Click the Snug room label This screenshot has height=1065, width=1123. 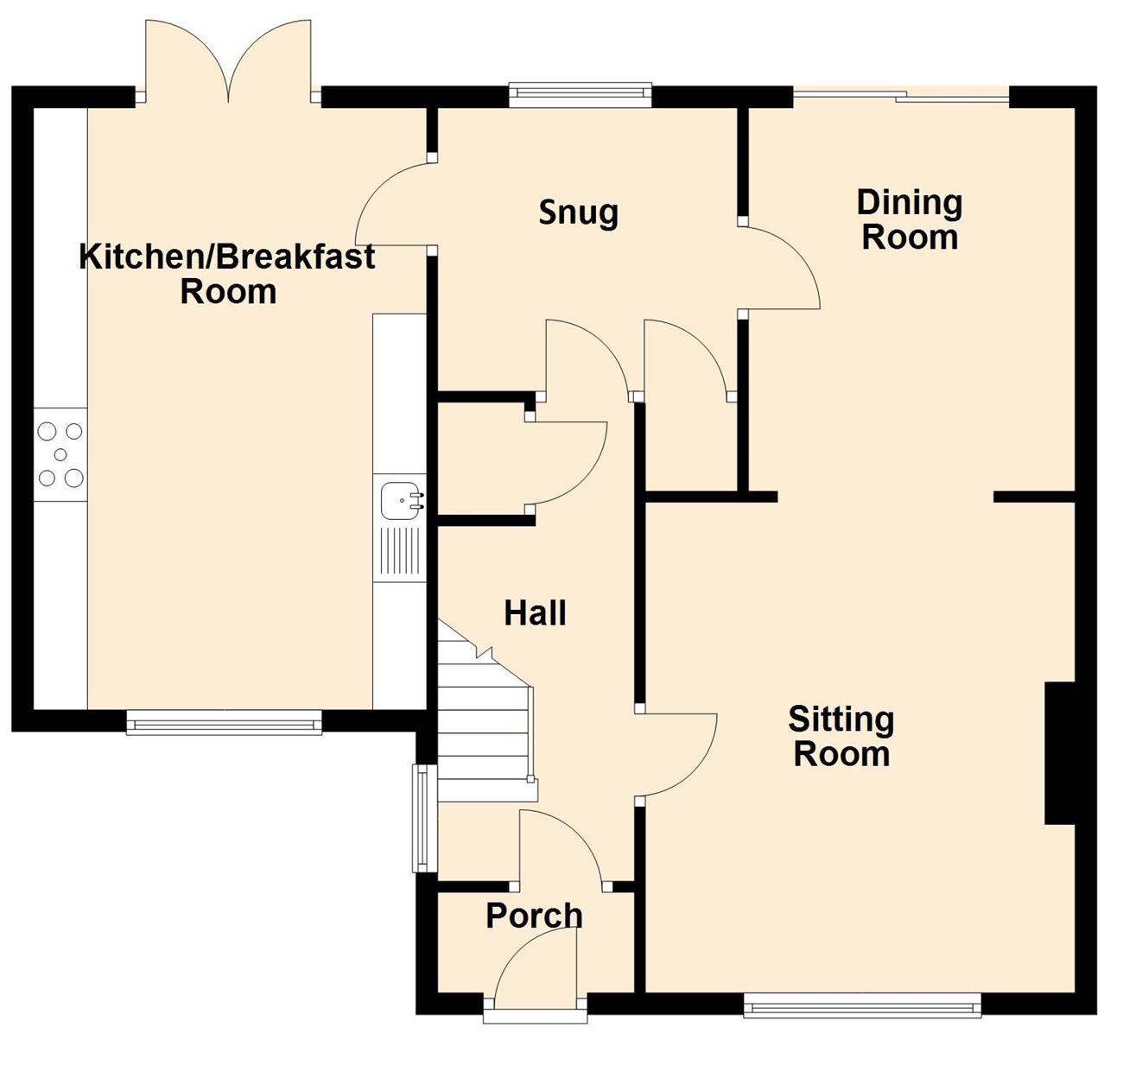578,213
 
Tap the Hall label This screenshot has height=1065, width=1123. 536,613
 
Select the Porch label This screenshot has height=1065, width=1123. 534,916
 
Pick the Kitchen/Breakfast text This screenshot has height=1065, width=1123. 227,256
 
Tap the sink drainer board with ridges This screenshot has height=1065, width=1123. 400,551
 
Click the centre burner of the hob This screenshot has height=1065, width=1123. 60,455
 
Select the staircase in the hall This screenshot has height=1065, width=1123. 485,712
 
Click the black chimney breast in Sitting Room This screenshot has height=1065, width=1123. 1060,753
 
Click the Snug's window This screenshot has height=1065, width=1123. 580,95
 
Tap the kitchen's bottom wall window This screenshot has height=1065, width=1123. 224,721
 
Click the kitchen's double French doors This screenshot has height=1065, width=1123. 228,61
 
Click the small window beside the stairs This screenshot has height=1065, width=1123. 424,818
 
